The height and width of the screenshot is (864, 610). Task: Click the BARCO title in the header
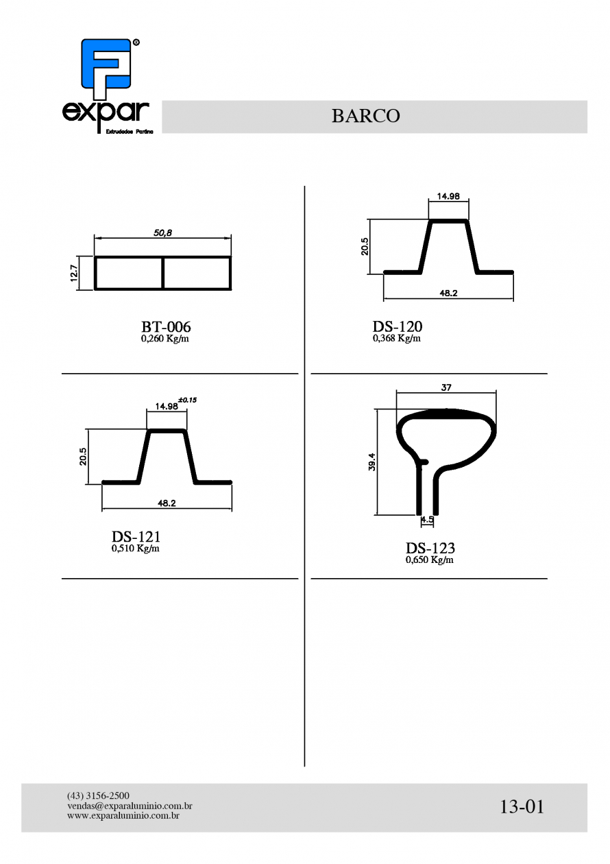click(x=365, y=116)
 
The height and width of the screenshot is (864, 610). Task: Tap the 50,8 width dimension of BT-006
click(x=162, y=232)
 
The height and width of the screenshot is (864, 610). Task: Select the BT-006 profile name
click(x=166, y=327)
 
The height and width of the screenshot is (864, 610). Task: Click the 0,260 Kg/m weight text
click(x=165, y=339)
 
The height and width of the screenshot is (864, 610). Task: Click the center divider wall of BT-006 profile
click(x=162, y=273)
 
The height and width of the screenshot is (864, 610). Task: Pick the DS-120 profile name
click(x=397, y=326)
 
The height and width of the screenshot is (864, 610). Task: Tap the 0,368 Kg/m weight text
click(x=396, y=338)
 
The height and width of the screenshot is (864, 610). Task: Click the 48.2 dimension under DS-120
click(x=448, y=293)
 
